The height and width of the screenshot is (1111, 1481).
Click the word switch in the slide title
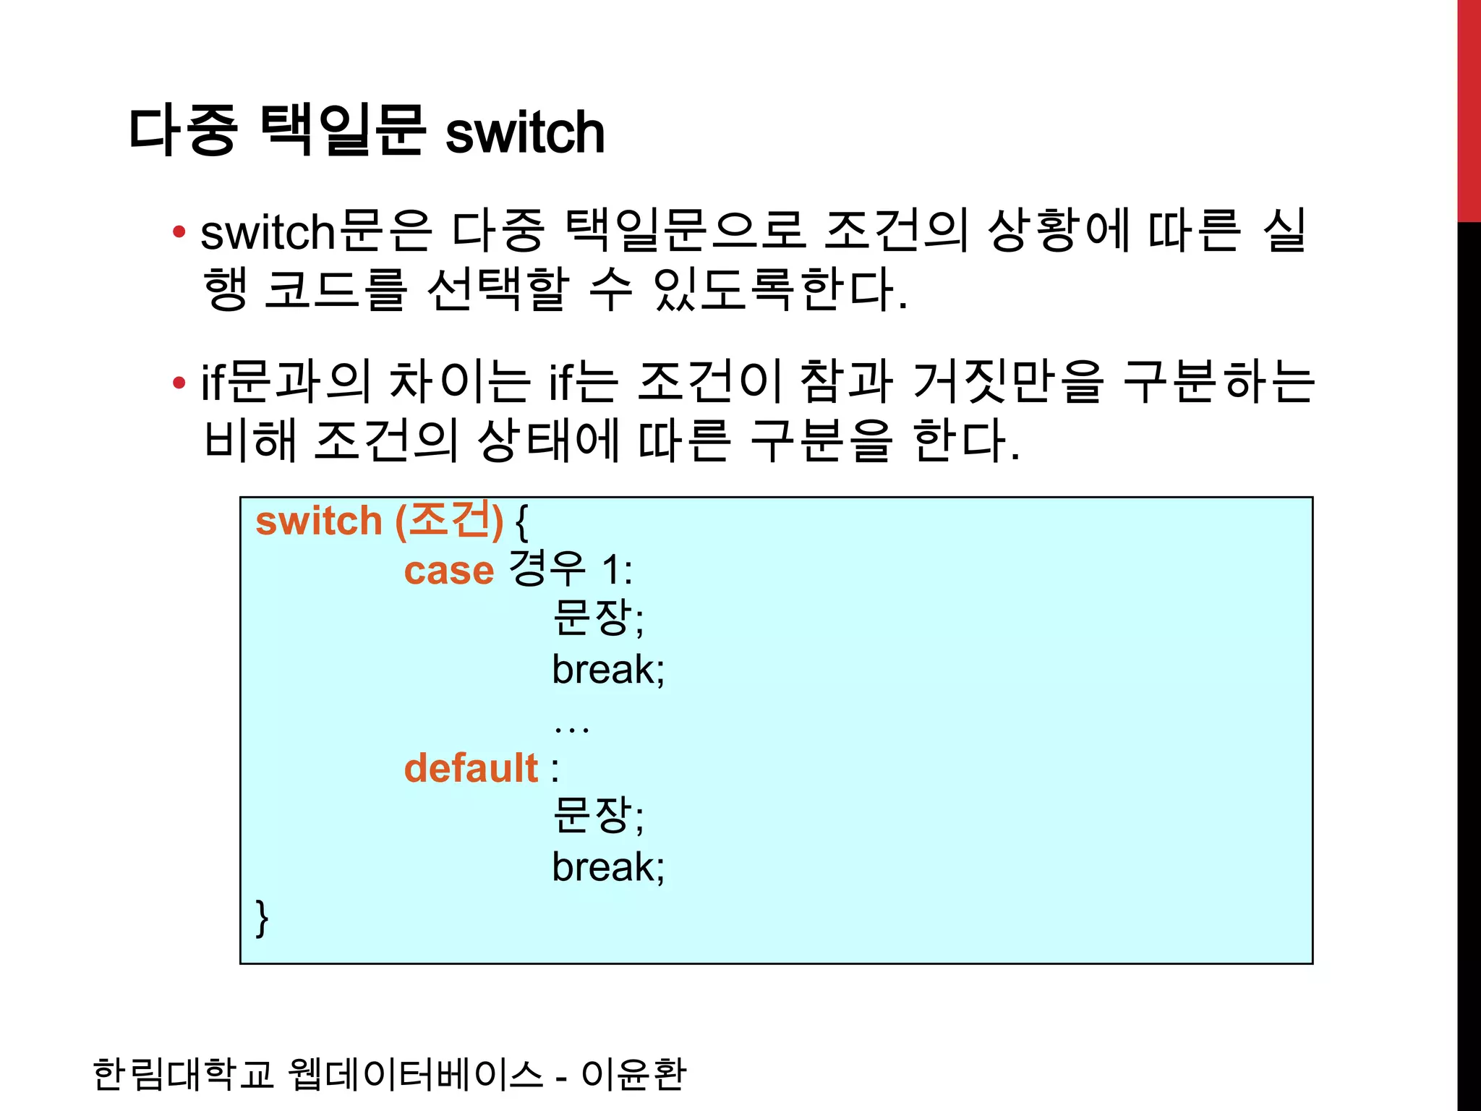pyautogui.click(x=524, y=132)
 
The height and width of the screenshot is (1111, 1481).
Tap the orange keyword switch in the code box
pyautogui.click(x=318, y=521)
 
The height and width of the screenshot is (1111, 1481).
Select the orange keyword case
pyautogui.click(x=448, y=571)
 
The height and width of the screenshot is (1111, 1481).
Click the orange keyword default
pyautogui.click(x=471, y=767)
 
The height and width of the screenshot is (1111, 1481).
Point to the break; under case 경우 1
pyautogui.click(x=607, y=669)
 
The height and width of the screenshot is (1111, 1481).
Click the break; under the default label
pyautogui.click(x=607, y=867)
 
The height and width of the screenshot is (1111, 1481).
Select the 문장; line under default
pyautogui.click(x=597, y=815)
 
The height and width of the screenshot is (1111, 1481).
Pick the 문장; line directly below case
pyautogui.click(x=597, y=618)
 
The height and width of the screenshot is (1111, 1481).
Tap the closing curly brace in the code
pyautogui.click(x=262, y=918)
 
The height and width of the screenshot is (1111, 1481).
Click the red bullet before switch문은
pyautogui.click(x=179, y=232)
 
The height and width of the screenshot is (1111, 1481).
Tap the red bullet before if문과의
pyautogui.click(x=179, y=383)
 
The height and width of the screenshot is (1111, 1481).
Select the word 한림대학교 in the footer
pyautogui.click(x=183, y=1073)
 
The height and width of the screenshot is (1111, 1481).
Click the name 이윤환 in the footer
pyautogui.click(x=633, y=1073)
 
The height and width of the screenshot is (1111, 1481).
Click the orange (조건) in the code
pyautogui.click(x=449, y=520)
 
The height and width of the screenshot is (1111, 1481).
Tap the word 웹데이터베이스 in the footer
pyautogui.click(x=415, y=1073)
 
